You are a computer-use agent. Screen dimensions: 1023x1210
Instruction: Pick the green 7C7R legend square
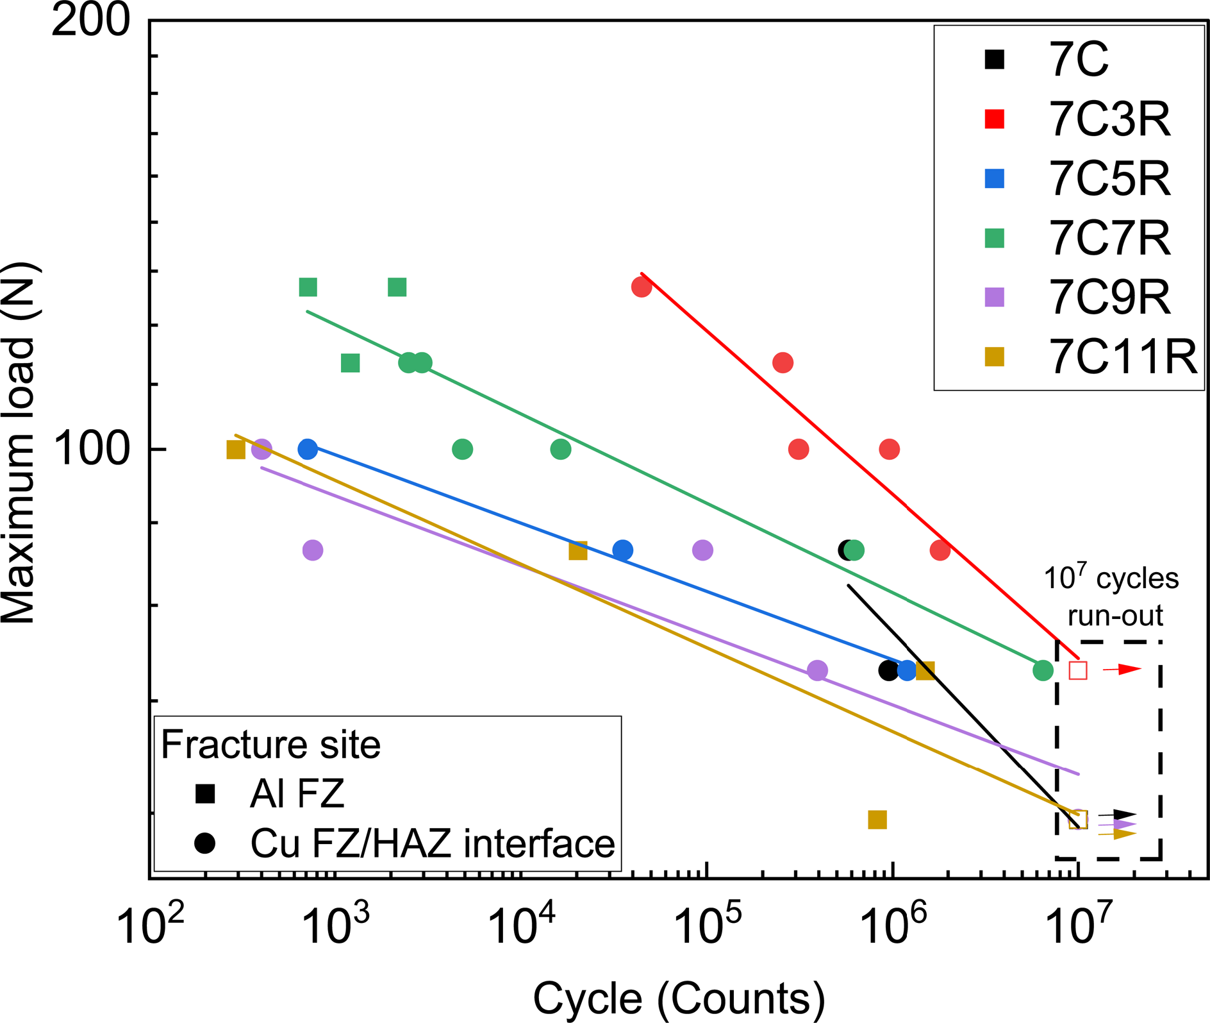pos(994,238)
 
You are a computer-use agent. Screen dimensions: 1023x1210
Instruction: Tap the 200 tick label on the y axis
pos(90,21)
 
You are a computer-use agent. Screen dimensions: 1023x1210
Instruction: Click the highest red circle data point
pos(642,287)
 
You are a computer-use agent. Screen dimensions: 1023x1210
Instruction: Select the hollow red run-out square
pos(1078,671)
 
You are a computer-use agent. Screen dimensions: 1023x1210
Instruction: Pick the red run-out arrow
pos(1122,670)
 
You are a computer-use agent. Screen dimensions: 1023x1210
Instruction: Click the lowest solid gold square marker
pos(877,820)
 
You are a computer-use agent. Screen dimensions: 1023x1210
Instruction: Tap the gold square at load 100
pos(236,450)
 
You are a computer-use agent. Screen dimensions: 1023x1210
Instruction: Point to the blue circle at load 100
pos(308,449)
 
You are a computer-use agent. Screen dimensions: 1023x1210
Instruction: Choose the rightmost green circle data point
pos(1043,671)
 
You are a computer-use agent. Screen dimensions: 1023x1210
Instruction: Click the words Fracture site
pos(270,745)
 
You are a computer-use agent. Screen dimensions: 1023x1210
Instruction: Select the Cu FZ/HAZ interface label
pos(433,843)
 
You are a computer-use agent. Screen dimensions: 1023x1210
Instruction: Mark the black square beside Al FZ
pos(205,794)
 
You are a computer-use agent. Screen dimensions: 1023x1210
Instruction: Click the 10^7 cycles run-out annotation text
pos(1111,596)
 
